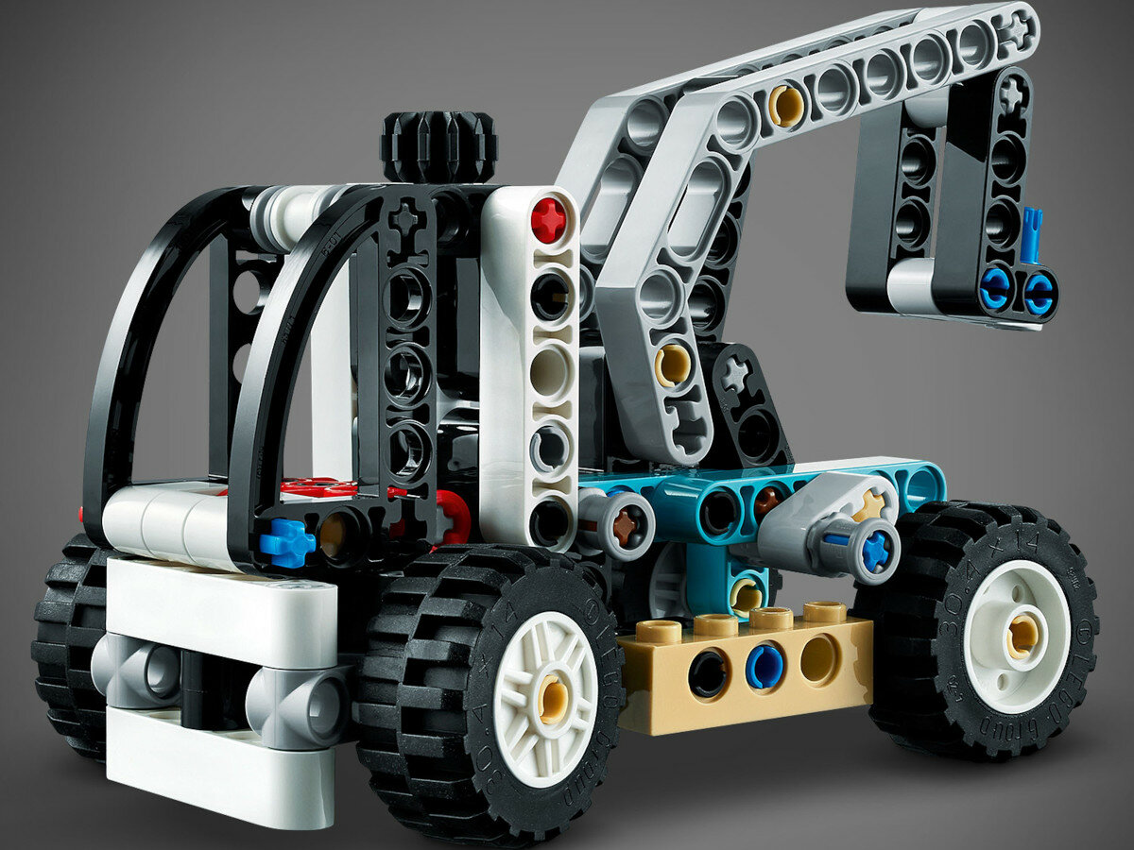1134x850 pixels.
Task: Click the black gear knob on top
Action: (438, 146)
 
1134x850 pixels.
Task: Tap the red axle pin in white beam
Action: (548, 220)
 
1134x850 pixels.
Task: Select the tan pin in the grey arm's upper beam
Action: (786, 106)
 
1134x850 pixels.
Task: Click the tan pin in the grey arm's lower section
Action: (672, 365)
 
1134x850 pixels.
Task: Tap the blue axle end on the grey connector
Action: (875, 551)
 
